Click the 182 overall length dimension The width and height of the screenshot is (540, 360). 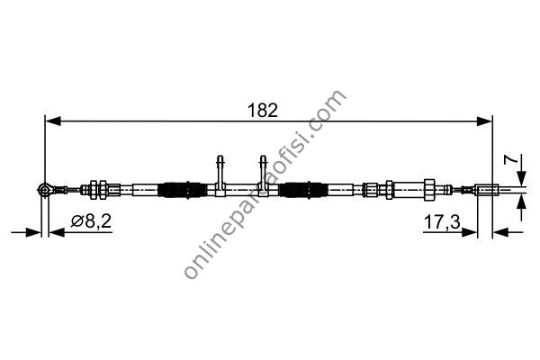pos(263,111)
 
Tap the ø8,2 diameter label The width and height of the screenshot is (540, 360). pos(91,221)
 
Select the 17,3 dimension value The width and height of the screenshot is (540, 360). pos(442,222)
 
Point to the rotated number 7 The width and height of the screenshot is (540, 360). pos(510,159)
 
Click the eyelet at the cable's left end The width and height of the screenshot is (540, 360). pos(44,189)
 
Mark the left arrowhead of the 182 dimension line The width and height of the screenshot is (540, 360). pos(53,121)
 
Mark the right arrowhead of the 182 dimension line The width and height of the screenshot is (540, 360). pos(484,121)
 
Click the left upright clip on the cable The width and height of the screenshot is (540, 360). pos(220,175)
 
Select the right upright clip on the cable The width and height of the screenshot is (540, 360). pos(263,175)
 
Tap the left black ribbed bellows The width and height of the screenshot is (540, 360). pos(182,190)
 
